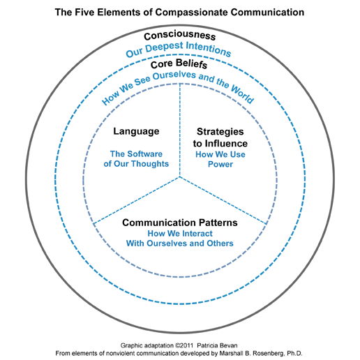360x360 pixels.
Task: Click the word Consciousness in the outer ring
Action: [x=179, y=36]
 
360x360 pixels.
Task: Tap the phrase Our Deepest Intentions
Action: [x=179, y=49]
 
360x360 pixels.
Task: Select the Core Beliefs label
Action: [x=179, y=63]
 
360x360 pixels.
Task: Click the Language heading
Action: [x=136, y=132]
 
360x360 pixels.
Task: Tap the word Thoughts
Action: [x=150, y=164]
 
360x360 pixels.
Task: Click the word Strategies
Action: [x=220, y=132]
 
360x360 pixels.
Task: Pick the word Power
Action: [x=220, y=164]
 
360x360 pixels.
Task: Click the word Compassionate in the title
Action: [x=192, y=12]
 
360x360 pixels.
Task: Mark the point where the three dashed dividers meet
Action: [x=180, y=177]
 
